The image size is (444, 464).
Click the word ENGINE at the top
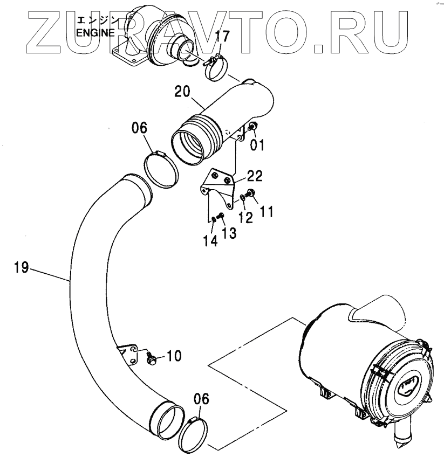click(x=95, y=32)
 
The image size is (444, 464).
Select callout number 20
click(x=183, y=92)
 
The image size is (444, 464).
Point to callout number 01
click(x=257, y=144)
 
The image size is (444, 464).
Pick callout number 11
click(x=266, y=211)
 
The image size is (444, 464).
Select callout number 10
click(x=174, y=356)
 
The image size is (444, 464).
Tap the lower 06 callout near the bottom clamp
click(x=201, y=399)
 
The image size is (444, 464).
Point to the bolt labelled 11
click(x=250, y=193)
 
